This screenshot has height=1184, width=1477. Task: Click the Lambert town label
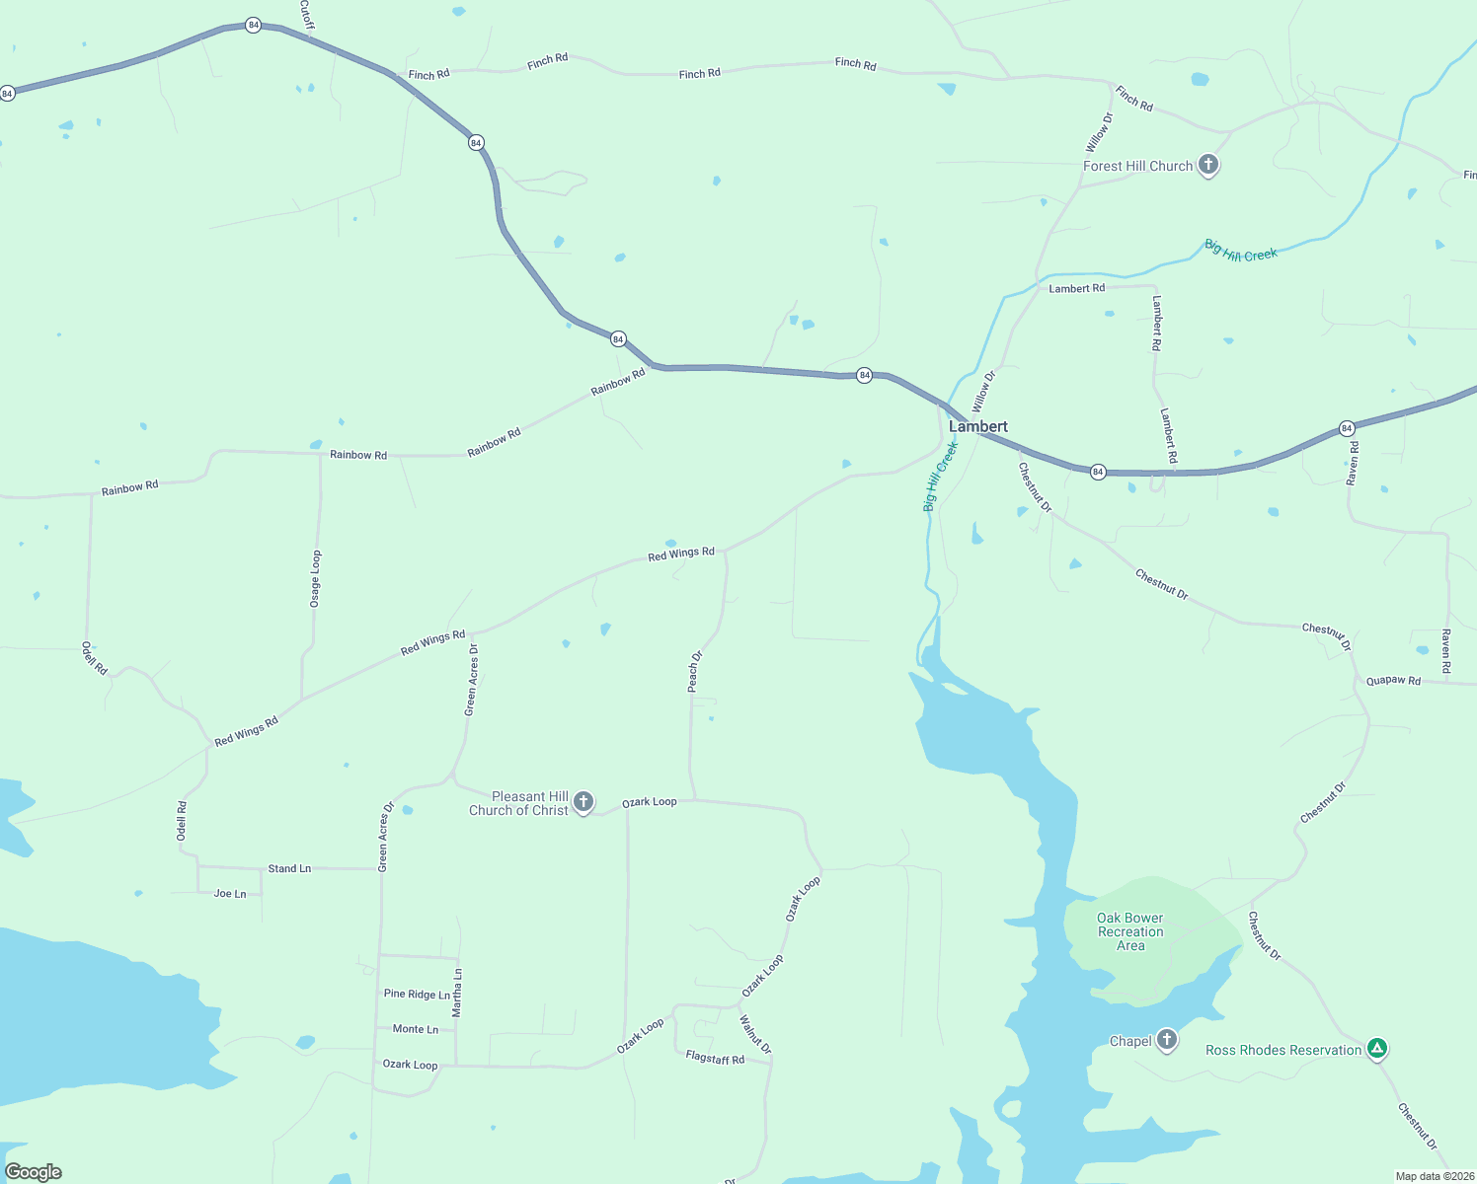977,426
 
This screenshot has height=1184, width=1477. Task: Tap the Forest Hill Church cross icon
1208,165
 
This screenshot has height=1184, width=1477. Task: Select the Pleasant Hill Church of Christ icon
583,801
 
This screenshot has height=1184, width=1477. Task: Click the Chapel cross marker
1167,1040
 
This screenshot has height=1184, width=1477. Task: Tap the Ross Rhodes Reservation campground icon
1377,1049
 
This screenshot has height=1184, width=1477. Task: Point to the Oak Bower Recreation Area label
1130,931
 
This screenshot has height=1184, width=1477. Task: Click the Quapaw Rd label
1393,681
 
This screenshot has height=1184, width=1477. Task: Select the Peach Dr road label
695,671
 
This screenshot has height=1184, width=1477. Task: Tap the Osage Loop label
316,579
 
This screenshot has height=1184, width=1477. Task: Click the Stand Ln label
289,869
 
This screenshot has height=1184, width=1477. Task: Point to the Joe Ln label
230,894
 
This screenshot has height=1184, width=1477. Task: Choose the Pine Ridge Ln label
417,995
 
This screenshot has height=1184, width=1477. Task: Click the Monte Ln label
416,1029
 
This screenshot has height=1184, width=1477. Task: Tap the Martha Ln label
457,993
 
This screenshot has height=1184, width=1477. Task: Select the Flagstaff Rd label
715,1059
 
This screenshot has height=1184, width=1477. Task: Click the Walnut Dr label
755,1034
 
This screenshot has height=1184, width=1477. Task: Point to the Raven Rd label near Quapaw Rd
1445,651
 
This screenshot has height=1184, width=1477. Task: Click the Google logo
34,1172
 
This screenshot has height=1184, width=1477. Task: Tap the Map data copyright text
1434,1176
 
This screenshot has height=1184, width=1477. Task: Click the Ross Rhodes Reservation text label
1283,1050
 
